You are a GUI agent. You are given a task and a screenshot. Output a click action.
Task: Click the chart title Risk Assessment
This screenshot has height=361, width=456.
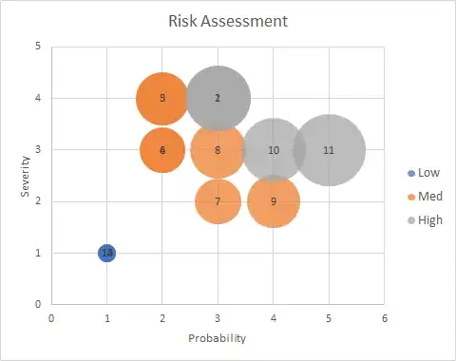(228, 20)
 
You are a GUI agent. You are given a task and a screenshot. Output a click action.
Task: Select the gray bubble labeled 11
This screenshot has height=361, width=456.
(329, 150)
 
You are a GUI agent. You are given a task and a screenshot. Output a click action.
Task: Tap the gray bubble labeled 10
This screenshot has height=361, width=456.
(274, 150)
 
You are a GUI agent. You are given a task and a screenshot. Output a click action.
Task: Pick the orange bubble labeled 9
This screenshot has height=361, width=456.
(274, 201)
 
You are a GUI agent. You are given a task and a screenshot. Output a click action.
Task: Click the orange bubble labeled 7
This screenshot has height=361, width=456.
(218, 201)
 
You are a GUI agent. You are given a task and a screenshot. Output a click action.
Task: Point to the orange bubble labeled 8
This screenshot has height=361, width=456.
(218, 150)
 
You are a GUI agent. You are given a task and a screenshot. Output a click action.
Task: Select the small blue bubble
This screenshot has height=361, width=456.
(107, 254)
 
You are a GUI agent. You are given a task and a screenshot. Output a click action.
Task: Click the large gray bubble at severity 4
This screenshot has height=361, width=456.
(218, 98)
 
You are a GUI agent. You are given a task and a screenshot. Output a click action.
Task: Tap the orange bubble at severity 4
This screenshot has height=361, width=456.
(162, 98)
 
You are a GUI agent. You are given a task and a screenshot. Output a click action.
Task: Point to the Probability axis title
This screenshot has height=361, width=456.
(218, 338)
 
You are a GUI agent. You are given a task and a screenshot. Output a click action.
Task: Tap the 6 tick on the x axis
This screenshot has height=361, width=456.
(384, 318)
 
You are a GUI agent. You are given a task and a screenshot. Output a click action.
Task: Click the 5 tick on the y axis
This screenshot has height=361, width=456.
(37, 46)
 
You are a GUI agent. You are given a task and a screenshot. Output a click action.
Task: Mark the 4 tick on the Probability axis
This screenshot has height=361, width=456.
(274, 318)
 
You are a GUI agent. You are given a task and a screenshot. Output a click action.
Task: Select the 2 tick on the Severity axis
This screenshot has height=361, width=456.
(37, 201)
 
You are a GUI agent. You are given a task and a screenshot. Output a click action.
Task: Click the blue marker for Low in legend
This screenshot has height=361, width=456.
(410, 173)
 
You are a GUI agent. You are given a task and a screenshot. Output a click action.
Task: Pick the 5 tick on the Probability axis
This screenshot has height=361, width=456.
(329, 318)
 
